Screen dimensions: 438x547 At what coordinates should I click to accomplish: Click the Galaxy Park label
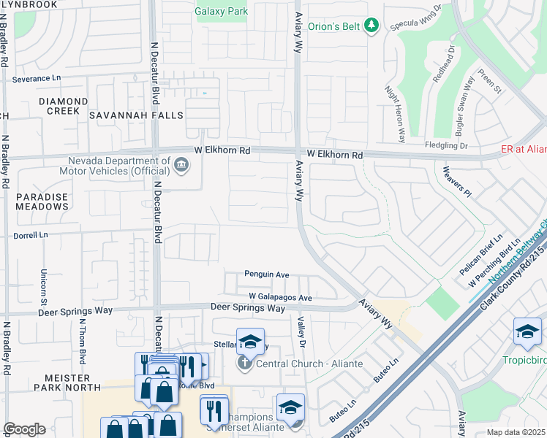pyautogui.click(x=222, y=11)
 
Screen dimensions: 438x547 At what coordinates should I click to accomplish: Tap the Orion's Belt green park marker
pyautogui.click(x=371, y=26)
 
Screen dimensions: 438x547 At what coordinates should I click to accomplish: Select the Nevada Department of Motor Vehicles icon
pyautogui.click(x=181, y=166)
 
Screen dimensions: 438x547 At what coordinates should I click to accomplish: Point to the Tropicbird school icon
pyautogui.click(x=527, y=331)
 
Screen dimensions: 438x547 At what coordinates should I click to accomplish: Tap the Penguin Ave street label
pyautogui.click(x=267, y=274)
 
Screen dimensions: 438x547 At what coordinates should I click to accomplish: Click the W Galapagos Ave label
pyautogui.click(x=280, y=297)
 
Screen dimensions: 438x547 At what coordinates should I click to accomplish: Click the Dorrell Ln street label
pyautogui.click(x=30, y=235)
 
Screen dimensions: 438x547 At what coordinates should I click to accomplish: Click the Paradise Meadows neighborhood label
pyautogui.click(x=42, y=201)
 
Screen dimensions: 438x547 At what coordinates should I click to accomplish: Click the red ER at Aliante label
pyautogui.click(x=524, y=149)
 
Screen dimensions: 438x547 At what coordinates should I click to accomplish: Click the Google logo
pyautogui.click(x=24, y=429)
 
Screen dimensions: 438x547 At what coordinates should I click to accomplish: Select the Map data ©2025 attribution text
pyautogui.click(x=516, y=432)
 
